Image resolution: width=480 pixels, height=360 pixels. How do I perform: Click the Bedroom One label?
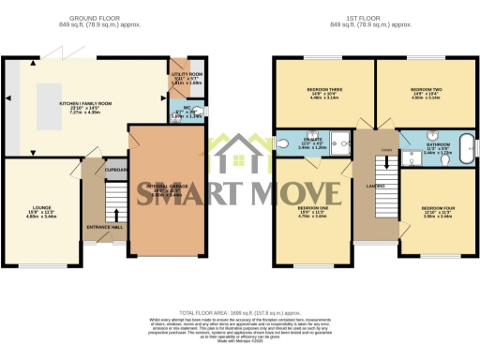[x=312, y=211]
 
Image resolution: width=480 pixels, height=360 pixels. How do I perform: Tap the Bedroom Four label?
[x=437, y=211]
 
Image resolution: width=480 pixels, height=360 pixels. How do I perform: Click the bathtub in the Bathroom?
[x=461, y=154]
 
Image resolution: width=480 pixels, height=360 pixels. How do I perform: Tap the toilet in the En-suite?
[x=283, y=144]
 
